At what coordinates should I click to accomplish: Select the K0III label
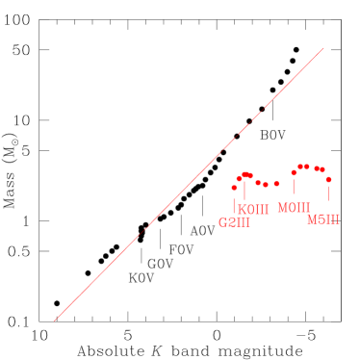click(x=253, y=210)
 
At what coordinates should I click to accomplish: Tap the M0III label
click(x=294, y=208)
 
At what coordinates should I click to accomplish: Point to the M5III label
click(x=323, y=220)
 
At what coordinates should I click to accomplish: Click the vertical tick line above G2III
click(x=234, y=203)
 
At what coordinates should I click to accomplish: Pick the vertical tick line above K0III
click(x=245, y=191)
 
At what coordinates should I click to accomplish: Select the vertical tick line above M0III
click(x=294, y=186)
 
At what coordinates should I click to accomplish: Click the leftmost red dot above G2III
click(x=234, y=188)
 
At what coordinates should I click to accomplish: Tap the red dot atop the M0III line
click(x=294, y=172)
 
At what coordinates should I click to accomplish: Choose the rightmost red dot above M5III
click(x=328, y=179)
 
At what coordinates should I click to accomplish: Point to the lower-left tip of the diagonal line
click(x=55, y=320)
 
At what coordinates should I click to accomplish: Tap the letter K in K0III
click(x=243, y=210)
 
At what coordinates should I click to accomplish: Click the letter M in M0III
click(x=282, y=208)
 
